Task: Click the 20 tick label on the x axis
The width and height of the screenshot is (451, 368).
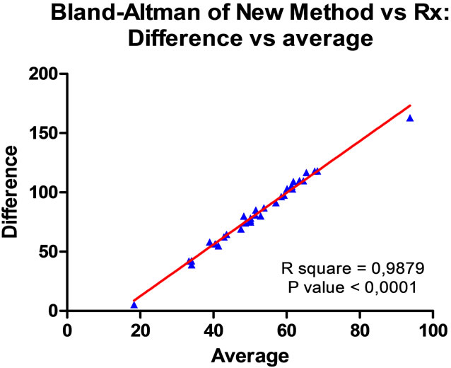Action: tap(141, 330)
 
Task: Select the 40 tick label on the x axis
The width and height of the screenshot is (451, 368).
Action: tap(213, 330)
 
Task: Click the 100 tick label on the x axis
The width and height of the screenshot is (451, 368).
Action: tap(433, 330)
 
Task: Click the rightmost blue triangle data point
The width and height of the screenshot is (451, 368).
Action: tap(410, 118)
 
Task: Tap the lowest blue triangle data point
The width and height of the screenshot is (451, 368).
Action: tap(134, 305)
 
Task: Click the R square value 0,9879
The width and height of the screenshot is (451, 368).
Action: tap(386, 268)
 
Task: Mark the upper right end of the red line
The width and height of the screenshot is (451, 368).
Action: tap(410, 105)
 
